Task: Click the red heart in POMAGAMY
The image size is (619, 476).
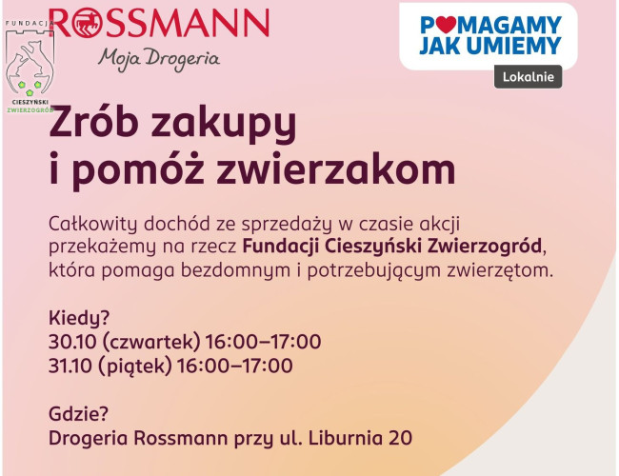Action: point(446,25)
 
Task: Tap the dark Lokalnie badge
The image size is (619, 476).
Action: point(528,76)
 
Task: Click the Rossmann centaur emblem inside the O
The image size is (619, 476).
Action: point(87,23)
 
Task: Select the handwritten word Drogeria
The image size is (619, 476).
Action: point(183,60)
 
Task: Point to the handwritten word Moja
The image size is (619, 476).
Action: point(119,60)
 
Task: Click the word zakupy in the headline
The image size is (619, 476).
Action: point(224,124)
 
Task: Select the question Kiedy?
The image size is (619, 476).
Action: point(79,318)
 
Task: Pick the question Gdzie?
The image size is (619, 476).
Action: point(78,414)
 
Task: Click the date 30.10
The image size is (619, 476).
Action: point(72,342)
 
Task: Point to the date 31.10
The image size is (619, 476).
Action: point(70,366)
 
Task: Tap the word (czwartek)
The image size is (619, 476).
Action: point(151,343)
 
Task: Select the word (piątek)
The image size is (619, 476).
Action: point(135,367)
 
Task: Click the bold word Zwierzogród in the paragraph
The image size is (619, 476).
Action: point(484,247)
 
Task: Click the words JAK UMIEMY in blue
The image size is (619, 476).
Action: point(490,46)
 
